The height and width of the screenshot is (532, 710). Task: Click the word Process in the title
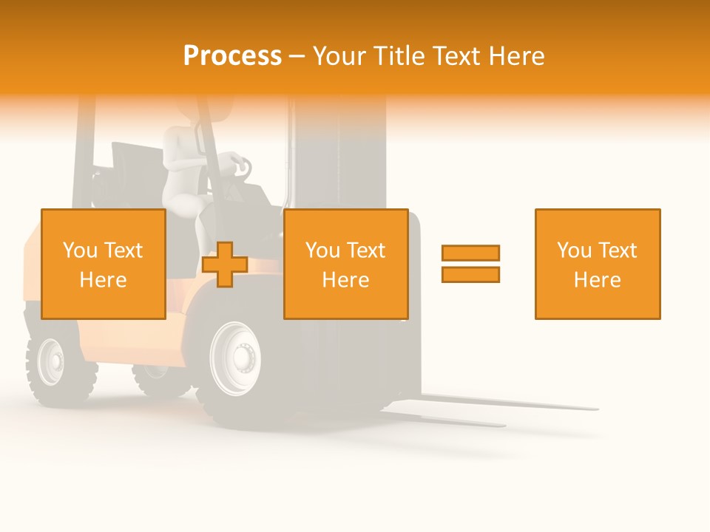[x=232, y=56]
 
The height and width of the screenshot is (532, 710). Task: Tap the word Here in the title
[x=512, y=56]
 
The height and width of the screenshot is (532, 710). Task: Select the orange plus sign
[x=225, y=265]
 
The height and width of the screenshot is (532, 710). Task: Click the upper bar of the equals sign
[x=470, y=253]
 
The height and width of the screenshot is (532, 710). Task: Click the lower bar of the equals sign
[x=470, y=274]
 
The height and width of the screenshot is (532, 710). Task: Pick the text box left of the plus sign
[x=103, y=264]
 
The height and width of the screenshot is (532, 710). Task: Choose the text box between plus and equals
[x=345, y=264]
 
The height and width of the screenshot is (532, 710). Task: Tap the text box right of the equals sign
[x=597, y=264]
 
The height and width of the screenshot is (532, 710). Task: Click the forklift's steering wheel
[x=239, y=166]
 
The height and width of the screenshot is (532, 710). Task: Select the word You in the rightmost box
[x=572, y=250]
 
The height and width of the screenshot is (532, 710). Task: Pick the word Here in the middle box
[x=345, y=279]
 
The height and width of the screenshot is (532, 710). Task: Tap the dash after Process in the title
[x=297, y=56]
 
